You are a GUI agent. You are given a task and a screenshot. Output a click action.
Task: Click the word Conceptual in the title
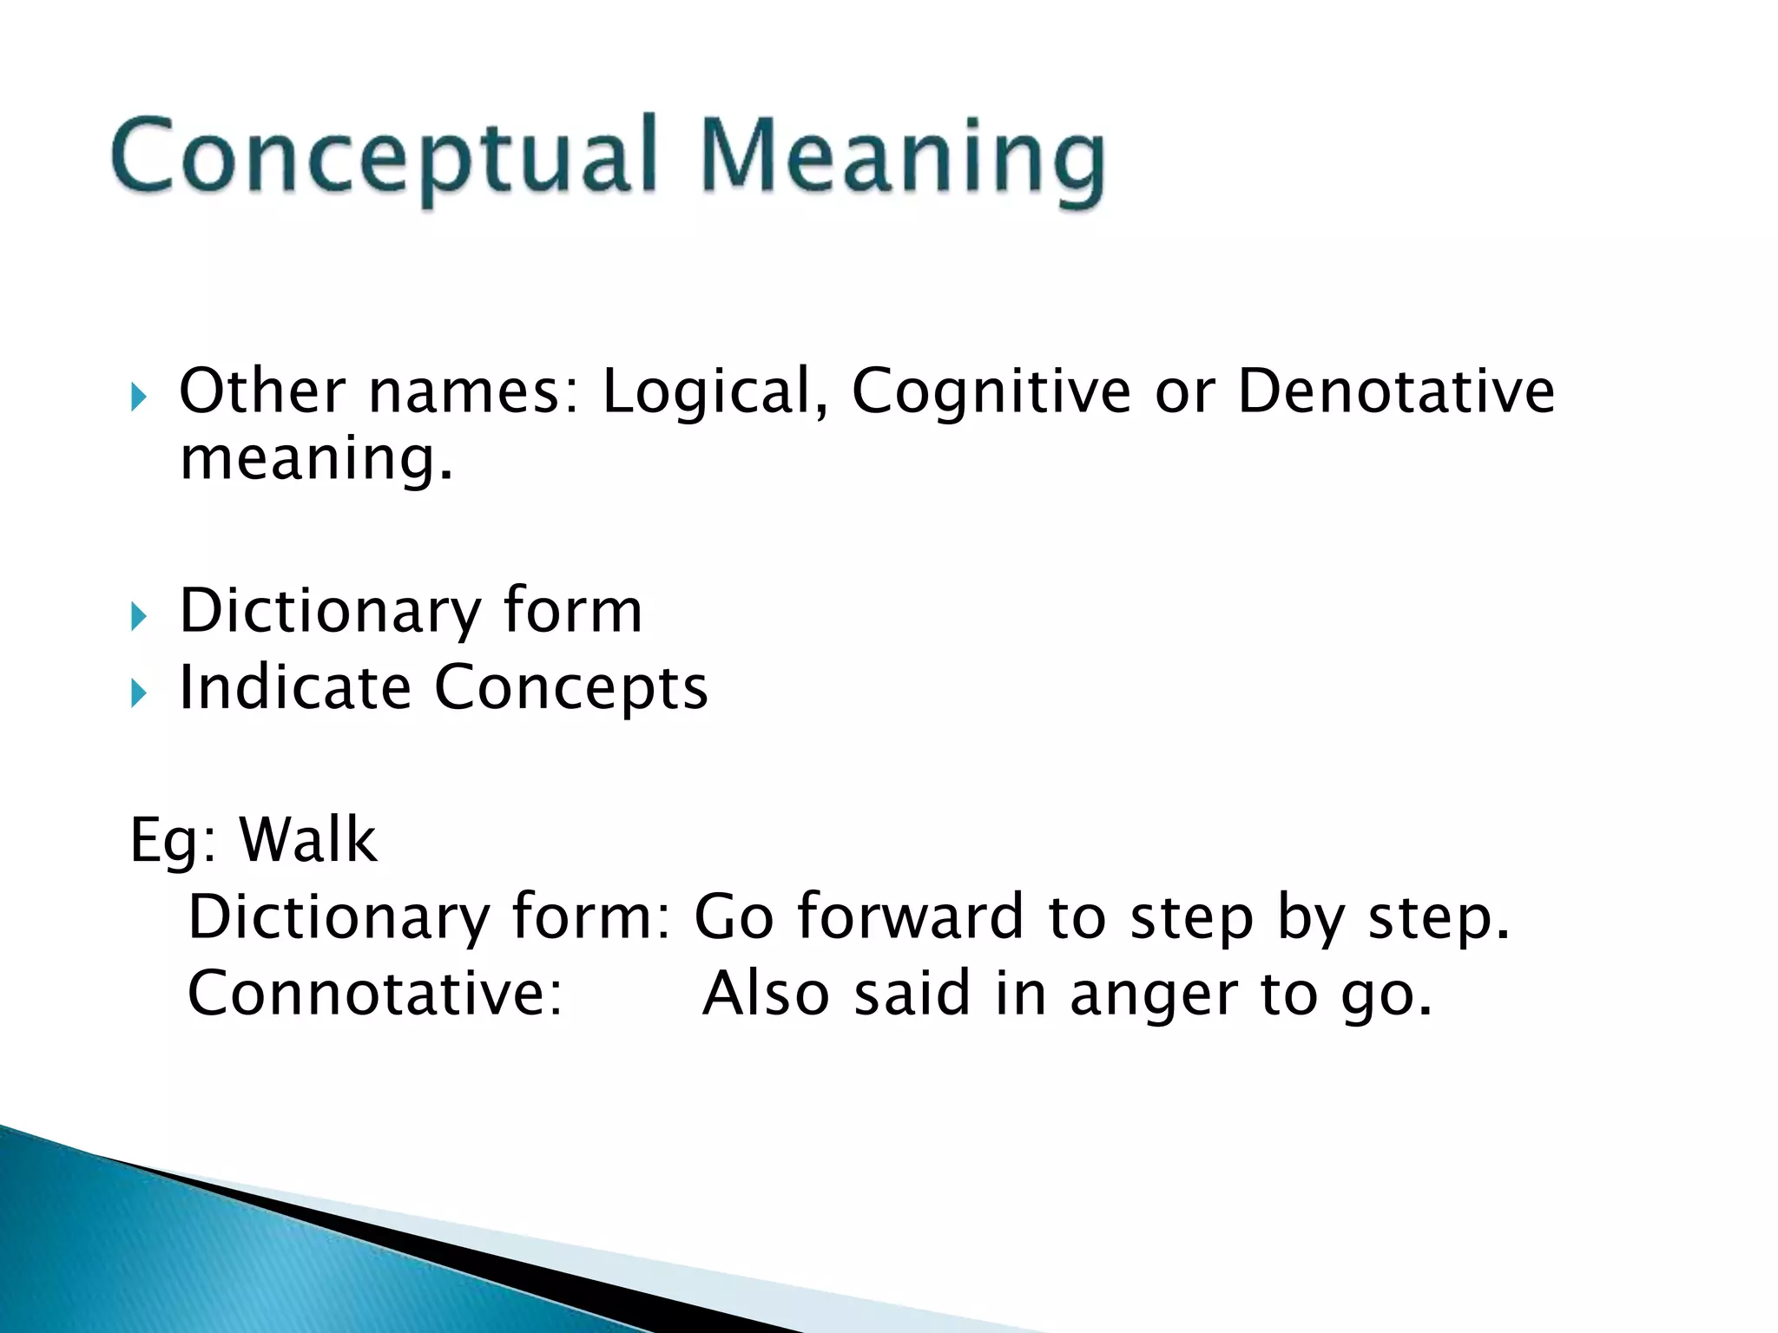pos(382,156)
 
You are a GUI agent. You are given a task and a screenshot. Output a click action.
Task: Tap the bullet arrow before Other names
pos(139,397)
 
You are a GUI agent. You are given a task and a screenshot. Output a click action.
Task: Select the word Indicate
pos(294,687)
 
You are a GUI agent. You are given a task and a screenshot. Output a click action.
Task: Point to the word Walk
pos(307,840)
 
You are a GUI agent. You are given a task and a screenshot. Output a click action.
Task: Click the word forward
pos(910,916)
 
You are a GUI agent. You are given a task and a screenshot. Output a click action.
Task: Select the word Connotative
pos(374,993)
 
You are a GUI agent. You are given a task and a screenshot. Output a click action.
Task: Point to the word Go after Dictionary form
pos(734,916)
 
